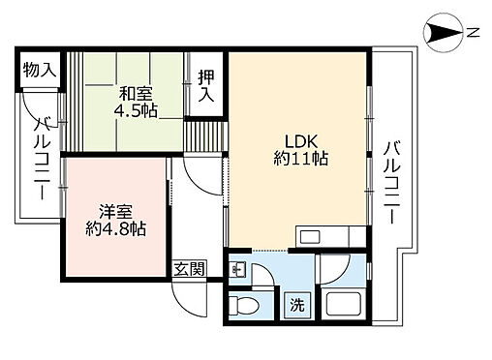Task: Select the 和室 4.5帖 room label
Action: point(135,101)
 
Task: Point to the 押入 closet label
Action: point(204,87)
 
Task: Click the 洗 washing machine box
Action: point(298,305)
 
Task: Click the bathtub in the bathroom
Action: point(345,305)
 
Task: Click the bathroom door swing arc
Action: point(335,271)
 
